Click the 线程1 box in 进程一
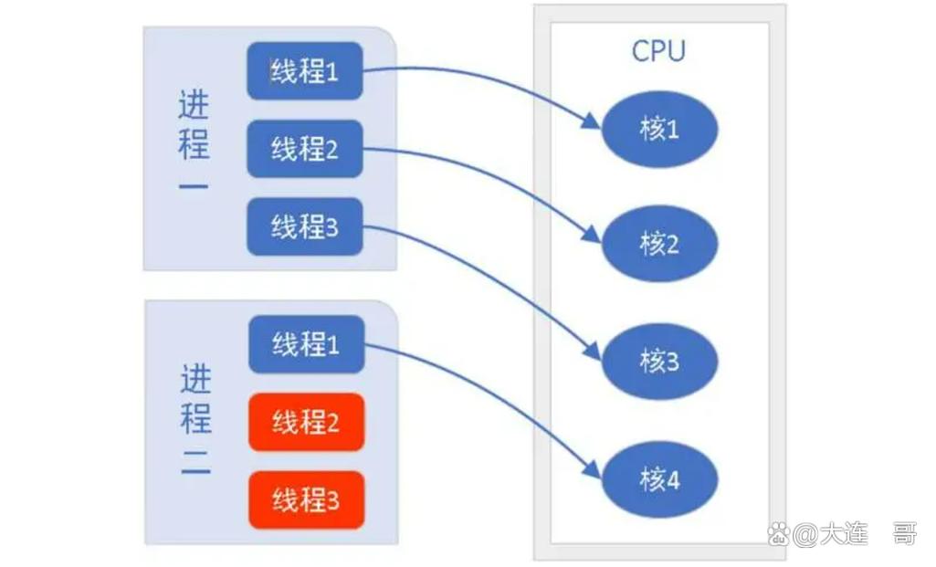pos(305,70)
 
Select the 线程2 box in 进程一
pos(305,148)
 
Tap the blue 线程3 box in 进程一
pos(305,226)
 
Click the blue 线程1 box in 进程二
pos(306,344)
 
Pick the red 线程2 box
pos(306,422)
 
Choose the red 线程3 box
pos(306,499)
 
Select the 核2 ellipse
pos(659,244)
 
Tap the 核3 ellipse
pos(659,362)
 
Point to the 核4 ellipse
pos(659,479)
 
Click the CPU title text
pos(658,51)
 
